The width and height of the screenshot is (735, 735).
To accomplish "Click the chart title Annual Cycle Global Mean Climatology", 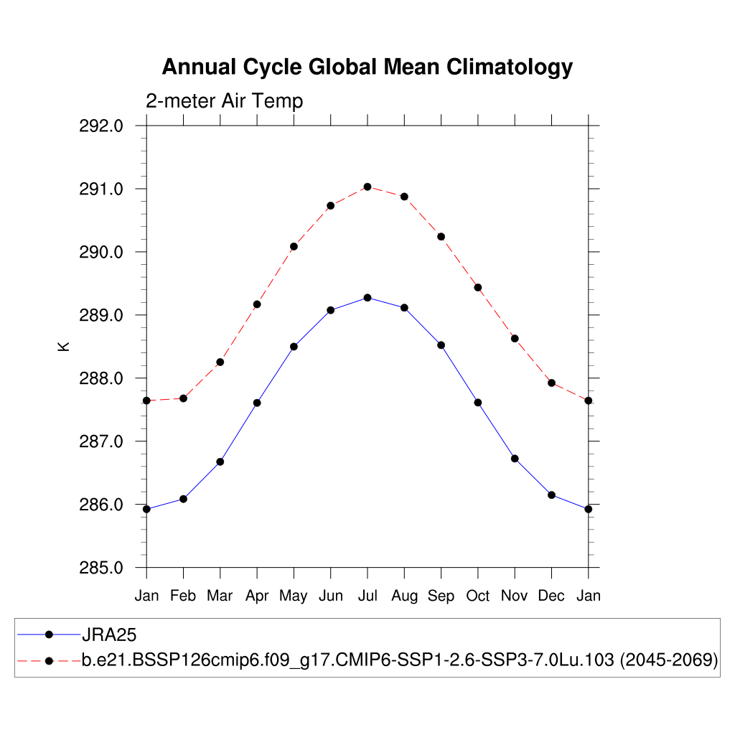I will coord(367,67).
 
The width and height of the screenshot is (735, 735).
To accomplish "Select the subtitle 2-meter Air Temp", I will coord(224,101).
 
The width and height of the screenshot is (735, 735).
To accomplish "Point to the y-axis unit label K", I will coord(63,346).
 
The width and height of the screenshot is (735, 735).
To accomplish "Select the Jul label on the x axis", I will coord(367,596).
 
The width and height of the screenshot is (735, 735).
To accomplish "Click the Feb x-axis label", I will coord(183,596).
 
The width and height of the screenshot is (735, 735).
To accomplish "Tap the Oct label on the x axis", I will coord(478,596).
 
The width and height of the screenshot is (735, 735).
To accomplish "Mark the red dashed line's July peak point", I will coord(367,187).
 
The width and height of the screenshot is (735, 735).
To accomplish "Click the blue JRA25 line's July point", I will coord(367,297).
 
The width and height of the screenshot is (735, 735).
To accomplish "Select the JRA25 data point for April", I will coord(257,403).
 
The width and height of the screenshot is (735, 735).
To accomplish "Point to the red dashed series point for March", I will coord(220,362).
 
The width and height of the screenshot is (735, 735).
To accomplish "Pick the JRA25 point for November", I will coord(515,459).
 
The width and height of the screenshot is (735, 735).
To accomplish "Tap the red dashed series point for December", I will coord(552,383).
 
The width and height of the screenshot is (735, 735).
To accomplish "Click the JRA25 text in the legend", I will coord(109,635).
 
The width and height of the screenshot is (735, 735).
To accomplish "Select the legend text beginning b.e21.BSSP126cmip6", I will coord(400,660).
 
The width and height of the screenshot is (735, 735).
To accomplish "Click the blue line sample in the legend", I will coord(49,635).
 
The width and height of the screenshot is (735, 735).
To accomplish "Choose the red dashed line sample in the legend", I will coord(49,660).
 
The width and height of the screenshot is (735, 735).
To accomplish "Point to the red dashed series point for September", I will coord(441,237).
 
